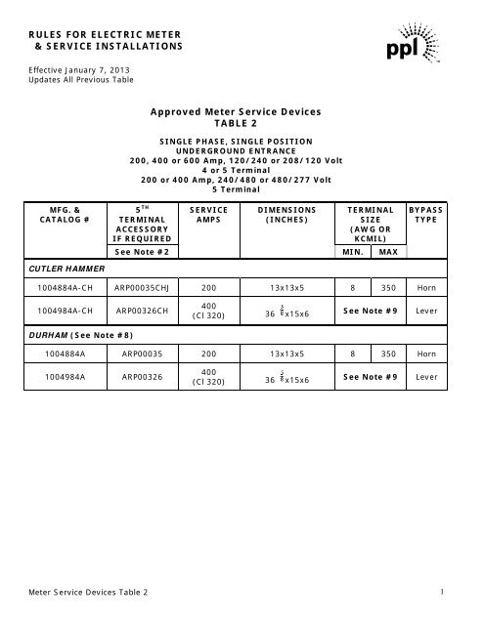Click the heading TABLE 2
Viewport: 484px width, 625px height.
[241, 127]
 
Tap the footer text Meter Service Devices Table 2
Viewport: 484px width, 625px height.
[89, 594]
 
